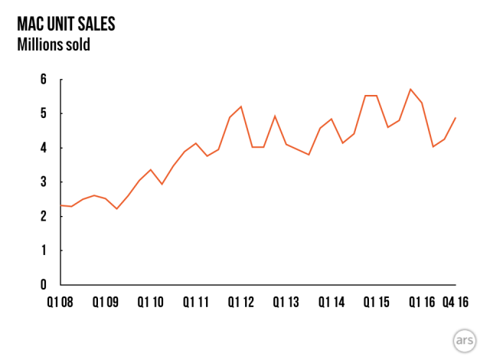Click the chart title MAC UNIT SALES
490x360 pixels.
[66, 24]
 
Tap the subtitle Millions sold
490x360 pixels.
[54, 44]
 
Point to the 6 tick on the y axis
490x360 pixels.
[43, 80]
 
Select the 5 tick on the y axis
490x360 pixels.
[43, 113]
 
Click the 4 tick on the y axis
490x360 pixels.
[43, 148]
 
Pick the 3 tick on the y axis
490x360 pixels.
[43, 182]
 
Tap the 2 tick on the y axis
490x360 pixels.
[43, 216]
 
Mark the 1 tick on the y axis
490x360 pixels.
[43, 250]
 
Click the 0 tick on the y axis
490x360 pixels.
[43, 285]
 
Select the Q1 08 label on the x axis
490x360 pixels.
[58, 303]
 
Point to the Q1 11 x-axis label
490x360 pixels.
[195, 303]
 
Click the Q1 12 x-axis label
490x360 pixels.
[240, 303]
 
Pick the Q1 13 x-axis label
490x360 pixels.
[286, 303]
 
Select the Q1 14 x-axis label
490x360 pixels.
[332, 303]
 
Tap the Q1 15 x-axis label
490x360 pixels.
[377, 303]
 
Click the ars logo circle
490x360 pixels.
[464, 340]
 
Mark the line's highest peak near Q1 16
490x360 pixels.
[410, 89]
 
